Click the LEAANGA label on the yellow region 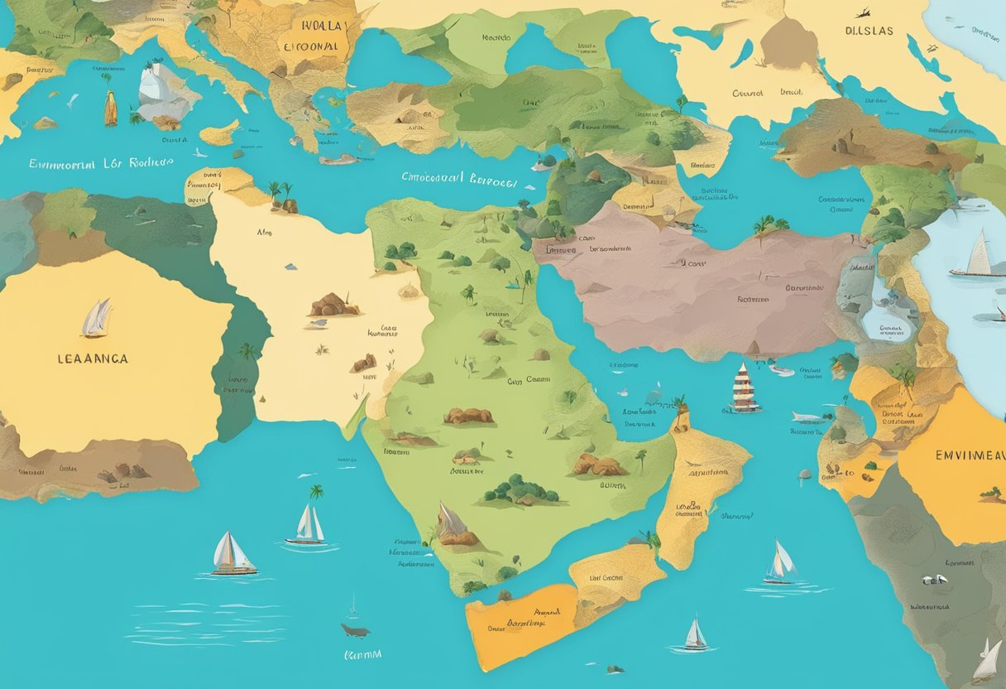93,359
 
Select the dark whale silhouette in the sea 355,631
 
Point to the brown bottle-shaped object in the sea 110,109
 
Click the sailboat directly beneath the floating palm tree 309,526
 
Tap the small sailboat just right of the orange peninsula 695,635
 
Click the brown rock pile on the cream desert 334,306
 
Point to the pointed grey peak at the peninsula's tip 451,524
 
